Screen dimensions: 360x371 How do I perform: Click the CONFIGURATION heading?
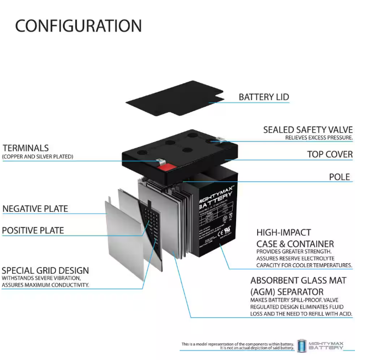pos(78,25)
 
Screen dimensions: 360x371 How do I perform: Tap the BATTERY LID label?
pos(264,97)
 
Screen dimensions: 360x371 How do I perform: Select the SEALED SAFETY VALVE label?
pos(307,130)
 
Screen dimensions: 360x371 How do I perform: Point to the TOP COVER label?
pos(330,154)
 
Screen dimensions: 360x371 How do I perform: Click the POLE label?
pos(339,177)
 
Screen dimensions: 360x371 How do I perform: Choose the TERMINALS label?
pos(25,148)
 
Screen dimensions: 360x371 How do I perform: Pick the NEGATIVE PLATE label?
pos(35,208)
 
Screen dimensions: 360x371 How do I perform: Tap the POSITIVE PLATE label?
pos(33,231)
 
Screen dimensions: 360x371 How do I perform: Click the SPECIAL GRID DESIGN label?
pos(45,271)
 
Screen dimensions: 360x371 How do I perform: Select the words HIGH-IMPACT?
pos(283,233)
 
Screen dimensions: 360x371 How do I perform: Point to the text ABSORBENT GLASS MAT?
pos(298,280)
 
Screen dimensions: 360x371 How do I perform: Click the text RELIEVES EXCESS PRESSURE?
pos(318,137)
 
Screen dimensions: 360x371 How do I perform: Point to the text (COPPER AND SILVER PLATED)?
pos(38,157)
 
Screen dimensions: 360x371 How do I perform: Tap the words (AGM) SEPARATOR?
pos(287,291)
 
